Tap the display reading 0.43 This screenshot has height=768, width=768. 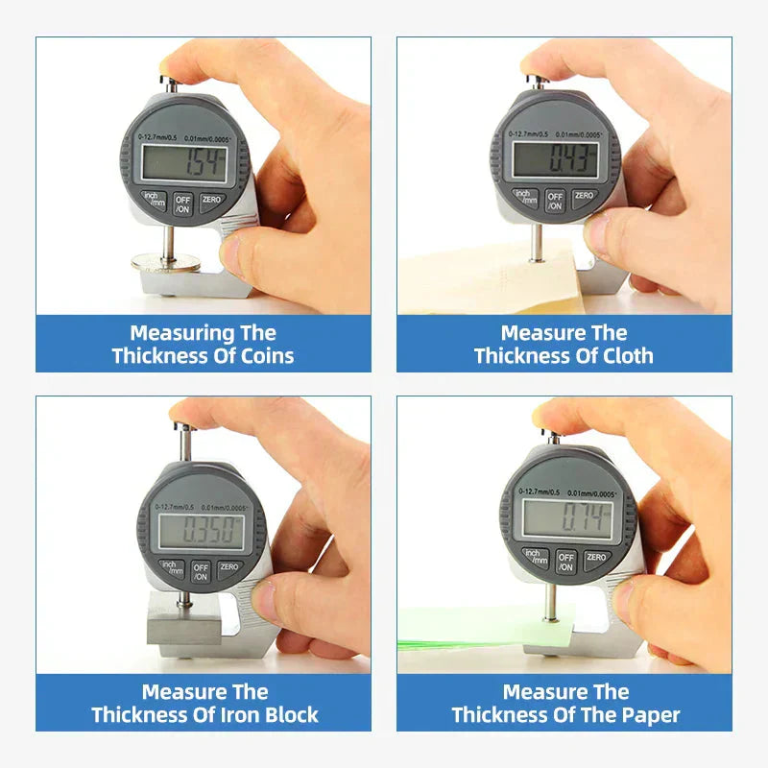point(555,158)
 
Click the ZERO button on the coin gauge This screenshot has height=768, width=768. point(211,199)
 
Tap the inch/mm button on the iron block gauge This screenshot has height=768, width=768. point(173,569)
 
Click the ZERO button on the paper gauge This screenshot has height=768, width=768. point(596,558)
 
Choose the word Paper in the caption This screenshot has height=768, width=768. point(649,715)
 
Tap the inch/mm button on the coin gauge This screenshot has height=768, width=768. point(154,201)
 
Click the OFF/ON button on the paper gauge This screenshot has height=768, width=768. point(566,562)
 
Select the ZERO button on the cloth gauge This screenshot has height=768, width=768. point(583,196)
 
